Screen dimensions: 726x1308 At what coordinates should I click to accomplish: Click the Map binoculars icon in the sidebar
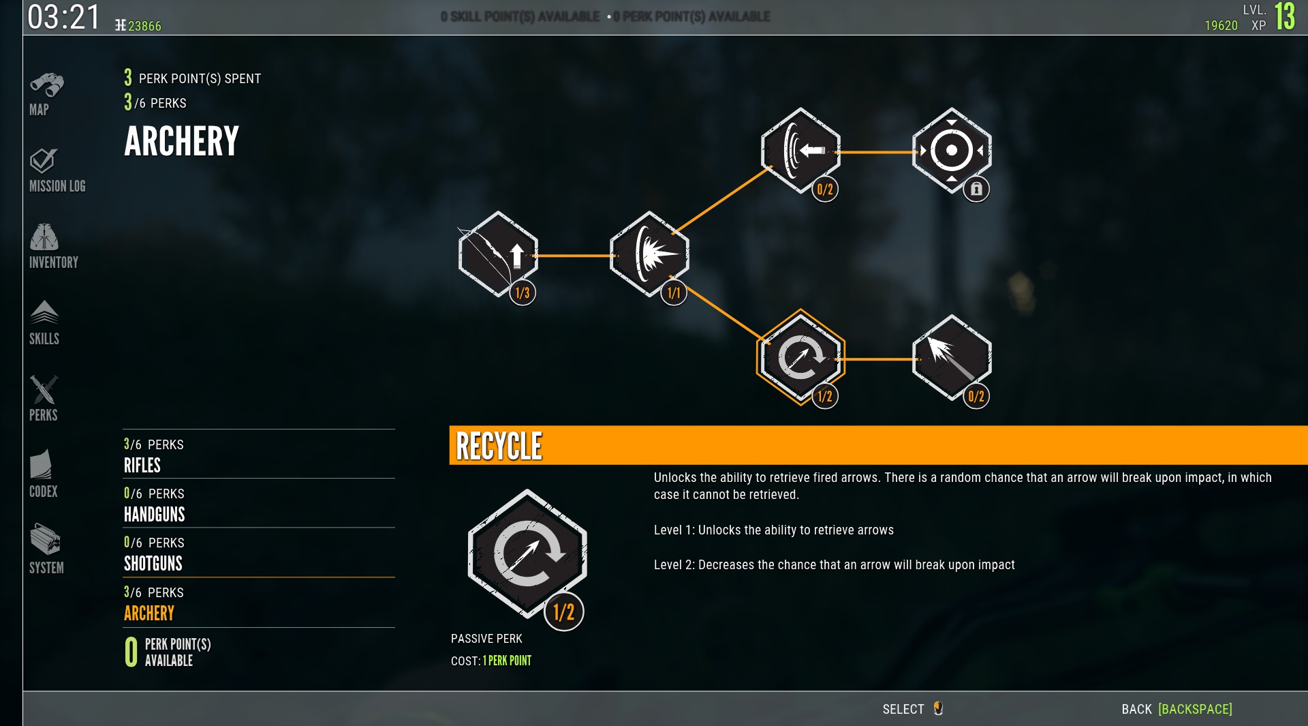coord(46,86)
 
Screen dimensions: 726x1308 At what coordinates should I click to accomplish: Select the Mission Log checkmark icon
coord(44,161)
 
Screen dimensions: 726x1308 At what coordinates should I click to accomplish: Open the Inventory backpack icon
coord(44,237)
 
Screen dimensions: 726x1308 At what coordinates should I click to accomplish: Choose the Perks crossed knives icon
coord(44,390)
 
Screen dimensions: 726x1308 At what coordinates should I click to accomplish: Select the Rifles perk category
coord(142,466)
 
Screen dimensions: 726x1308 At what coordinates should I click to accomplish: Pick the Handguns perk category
coord(155,515)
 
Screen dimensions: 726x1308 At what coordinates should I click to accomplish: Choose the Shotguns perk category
coord(153,564)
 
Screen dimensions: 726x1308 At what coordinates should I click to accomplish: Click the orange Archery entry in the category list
coord(149,614)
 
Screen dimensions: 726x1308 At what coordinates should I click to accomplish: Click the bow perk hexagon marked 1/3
coord(498,254)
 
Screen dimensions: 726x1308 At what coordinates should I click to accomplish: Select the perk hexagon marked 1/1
coord(649,254)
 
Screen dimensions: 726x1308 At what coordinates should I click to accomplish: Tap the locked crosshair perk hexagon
coord(951,150)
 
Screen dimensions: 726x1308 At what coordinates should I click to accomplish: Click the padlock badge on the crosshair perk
coord(976,190)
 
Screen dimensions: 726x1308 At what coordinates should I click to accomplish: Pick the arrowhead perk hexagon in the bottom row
coord(951,358)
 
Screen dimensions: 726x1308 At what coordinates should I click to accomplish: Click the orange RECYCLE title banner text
coord(499,447)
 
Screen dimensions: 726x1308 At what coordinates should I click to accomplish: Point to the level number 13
coord(1285,16)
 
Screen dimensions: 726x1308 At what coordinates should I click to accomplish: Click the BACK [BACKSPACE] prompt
coord(1177,709)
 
